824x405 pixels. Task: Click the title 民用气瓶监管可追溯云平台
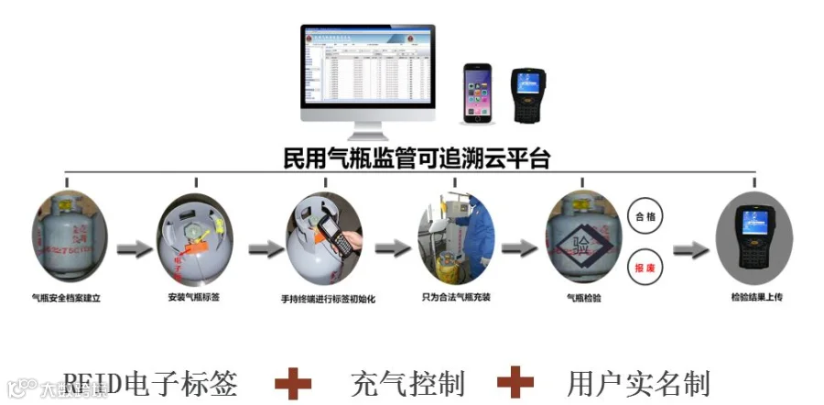pos(417,158)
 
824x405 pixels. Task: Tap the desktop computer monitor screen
pos(368,69)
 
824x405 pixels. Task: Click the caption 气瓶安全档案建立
pos(65,298)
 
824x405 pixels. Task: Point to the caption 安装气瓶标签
pos(194,298)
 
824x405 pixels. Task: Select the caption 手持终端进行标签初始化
pos(328,299)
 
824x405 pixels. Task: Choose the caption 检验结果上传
pos(757,298)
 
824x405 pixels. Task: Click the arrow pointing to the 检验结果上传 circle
pos(693,248)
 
